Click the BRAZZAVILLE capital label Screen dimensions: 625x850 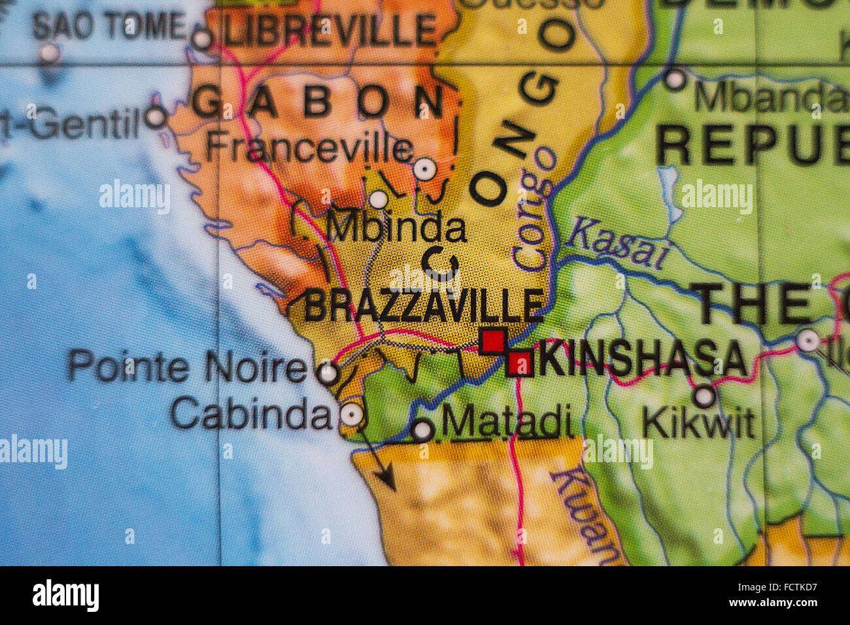424,305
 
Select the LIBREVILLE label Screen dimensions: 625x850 330,30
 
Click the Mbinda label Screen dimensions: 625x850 396,229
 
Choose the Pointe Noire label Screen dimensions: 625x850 187,366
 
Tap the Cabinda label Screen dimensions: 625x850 252,414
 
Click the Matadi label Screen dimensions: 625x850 507,422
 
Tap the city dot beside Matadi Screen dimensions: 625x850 422,430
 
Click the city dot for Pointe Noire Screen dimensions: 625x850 328,374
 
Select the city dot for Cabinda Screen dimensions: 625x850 352,414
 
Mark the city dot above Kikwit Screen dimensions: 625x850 704,396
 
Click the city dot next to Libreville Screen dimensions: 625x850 202,39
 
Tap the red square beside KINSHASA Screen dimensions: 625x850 520,363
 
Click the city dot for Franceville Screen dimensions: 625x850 424,170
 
